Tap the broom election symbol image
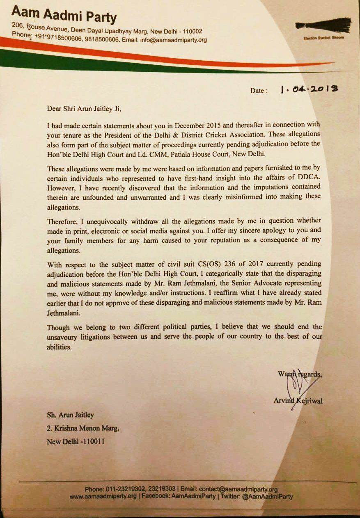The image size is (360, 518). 323,25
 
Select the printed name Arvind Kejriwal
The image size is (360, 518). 298,401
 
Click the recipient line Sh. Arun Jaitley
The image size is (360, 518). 71,415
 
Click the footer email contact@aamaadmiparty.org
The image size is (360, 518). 238,489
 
